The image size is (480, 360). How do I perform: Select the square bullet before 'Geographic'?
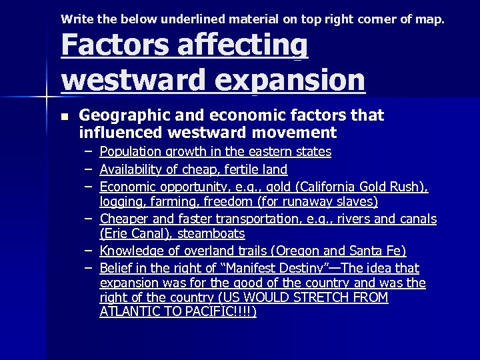click(x=64, y=116)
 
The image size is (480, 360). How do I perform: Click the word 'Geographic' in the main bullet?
click(x=126, y=115)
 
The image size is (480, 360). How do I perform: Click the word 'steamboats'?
click(x=212, y=234)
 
